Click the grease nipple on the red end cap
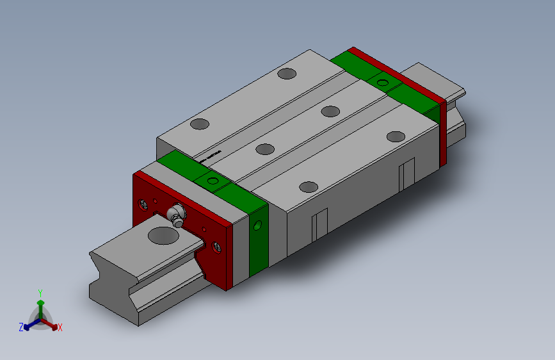175,215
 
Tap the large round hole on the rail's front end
164,235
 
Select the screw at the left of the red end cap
144,205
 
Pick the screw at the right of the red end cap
217,245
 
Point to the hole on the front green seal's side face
258,225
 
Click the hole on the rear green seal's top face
383,82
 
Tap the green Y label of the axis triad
40,291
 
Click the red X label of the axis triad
60,327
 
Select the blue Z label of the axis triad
21,327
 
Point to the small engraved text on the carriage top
211,155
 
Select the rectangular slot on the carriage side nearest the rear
406,176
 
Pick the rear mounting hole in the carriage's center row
330,111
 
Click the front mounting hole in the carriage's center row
265,149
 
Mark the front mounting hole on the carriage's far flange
199,124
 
